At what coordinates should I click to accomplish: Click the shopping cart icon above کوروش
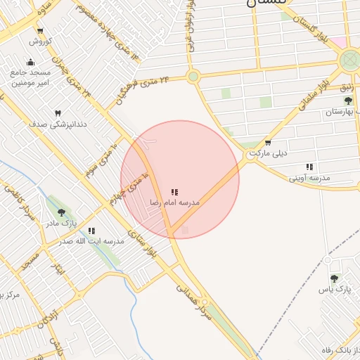pos(39,31)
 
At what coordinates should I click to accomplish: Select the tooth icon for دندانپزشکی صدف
pos(58,112)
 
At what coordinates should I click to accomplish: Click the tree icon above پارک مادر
pos(61,212)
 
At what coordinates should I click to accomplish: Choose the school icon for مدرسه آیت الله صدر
pos(91,231)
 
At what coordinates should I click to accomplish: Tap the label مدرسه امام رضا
pos(174,202)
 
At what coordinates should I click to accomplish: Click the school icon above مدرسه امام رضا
pos(174,191)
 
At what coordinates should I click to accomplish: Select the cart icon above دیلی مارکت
pos(267,143)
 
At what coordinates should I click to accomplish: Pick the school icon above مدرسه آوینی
pos(309,167)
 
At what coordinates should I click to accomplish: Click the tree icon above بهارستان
pos(335,101)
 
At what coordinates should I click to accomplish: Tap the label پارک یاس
pos(333,290)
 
